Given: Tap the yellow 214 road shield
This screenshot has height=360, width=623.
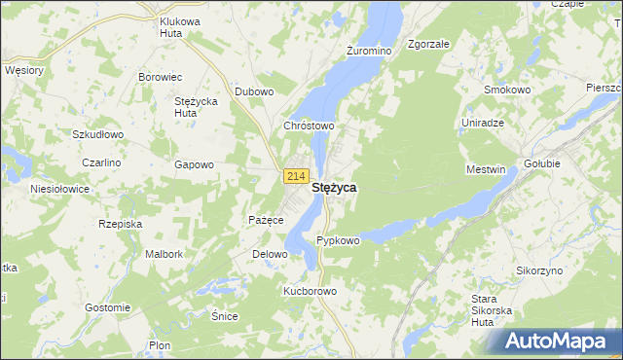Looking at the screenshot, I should (297, 175).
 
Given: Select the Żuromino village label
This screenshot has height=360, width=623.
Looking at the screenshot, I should (368, 50).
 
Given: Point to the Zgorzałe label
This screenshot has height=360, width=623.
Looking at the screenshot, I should (428, 45).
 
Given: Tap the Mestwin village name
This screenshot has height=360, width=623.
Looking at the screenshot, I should (487, 169).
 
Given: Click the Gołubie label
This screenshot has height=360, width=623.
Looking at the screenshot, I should (542, 163).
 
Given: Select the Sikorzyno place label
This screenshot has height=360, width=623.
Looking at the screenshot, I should (539, 270).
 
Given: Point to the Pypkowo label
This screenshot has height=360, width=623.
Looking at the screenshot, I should (339, 240).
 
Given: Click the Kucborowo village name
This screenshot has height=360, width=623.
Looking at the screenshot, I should (310, 291).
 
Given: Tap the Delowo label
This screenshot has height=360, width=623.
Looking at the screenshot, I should (271, 254).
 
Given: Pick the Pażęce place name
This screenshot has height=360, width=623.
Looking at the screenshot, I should (266, 220).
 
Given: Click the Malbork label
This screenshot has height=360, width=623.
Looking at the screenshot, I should (164, 254).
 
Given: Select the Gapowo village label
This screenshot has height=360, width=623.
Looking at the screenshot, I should (194, 164).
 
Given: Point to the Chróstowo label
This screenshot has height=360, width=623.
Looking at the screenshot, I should (309, 126).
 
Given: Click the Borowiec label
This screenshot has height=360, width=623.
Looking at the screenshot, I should (161, 76).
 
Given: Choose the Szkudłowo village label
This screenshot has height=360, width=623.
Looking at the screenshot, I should (97, 134).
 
